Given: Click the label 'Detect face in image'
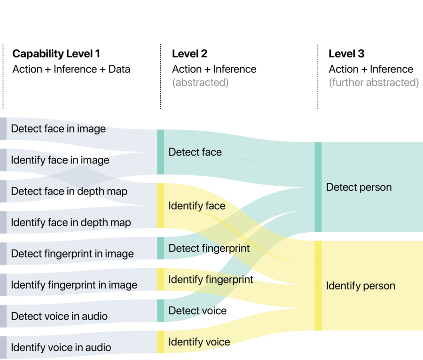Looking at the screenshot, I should (58, 129).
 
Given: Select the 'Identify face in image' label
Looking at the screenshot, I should (60, 160).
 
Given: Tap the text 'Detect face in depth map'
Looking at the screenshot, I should (69, 191).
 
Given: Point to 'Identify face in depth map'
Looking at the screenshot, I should (71, 222).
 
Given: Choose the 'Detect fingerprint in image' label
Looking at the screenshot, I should (72, 254).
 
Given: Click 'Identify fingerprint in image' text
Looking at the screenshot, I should (74, 285).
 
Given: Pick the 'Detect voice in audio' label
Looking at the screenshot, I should (59, 316).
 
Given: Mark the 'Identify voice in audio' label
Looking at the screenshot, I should (61, 347).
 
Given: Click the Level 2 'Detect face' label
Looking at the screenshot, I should (195, 152).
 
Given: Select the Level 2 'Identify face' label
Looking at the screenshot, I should (197, 206).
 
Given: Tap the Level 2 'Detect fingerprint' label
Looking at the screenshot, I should (209, 248).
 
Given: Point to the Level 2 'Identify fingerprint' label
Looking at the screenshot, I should (211, 280).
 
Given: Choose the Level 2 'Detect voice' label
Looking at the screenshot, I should (197, 311).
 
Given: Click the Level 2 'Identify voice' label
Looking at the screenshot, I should (199, 342).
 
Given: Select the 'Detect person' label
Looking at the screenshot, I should (359, 188).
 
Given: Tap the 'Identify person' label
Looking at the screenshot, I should (360, 286).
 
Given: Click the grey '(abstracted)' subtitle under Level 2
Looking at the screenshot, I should (200, 83).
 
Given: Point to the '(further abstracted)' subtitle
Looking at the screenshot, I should (374, 83).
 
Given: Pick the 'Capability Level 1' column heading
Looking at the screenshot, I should (56, 54).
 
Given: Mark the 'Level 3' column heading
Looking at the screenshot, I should (347, 54).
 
